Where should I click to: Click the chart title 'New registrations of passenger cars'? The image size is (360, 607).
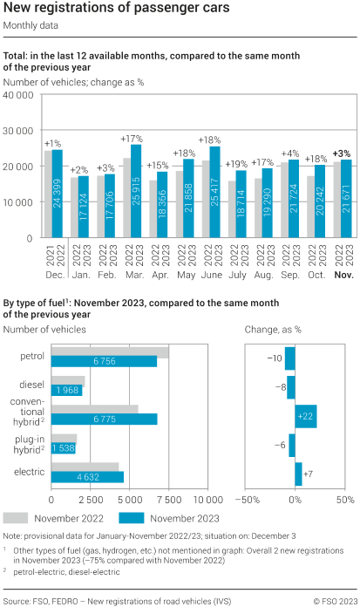point(117,9)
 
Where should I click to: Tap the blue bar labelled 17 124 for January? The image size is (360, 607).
point(83,207)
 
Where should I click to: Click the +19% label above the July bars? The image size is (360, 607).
point(235,163)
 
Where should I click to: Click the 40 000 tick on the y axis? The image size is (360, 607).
point(18,94)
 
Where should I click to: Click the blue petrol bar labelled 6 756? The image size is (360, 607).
point(105,361)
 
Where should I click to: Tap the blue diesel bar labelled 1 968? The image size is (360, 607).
point(67,390)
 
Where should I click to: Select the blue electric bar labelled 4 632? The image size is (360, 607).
point(88,477)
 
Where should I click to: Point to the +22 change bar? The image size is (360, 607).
point(306,417)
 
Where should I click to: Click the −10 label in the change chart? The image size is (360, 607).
point(274,358)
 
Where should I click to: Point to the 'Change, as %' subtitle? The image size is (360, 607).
point(273,330)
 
